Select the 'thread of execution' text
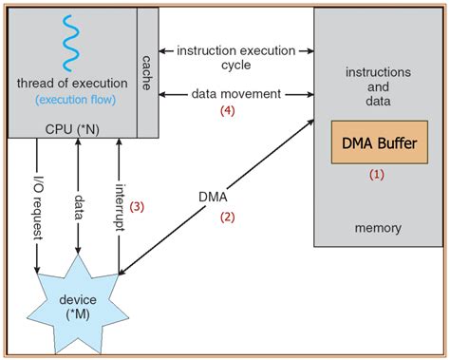click(70, 85)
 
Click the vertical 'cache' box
click(147, 72)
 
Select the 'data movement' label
click(236, 93)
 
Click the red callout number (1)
click(377, 175)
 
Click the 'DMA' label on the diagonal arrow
click(214, 197)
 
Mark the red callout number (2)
click(228, 217)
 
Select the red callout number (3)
click(140, 206)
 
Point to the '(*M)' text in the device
click(79, 314)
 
